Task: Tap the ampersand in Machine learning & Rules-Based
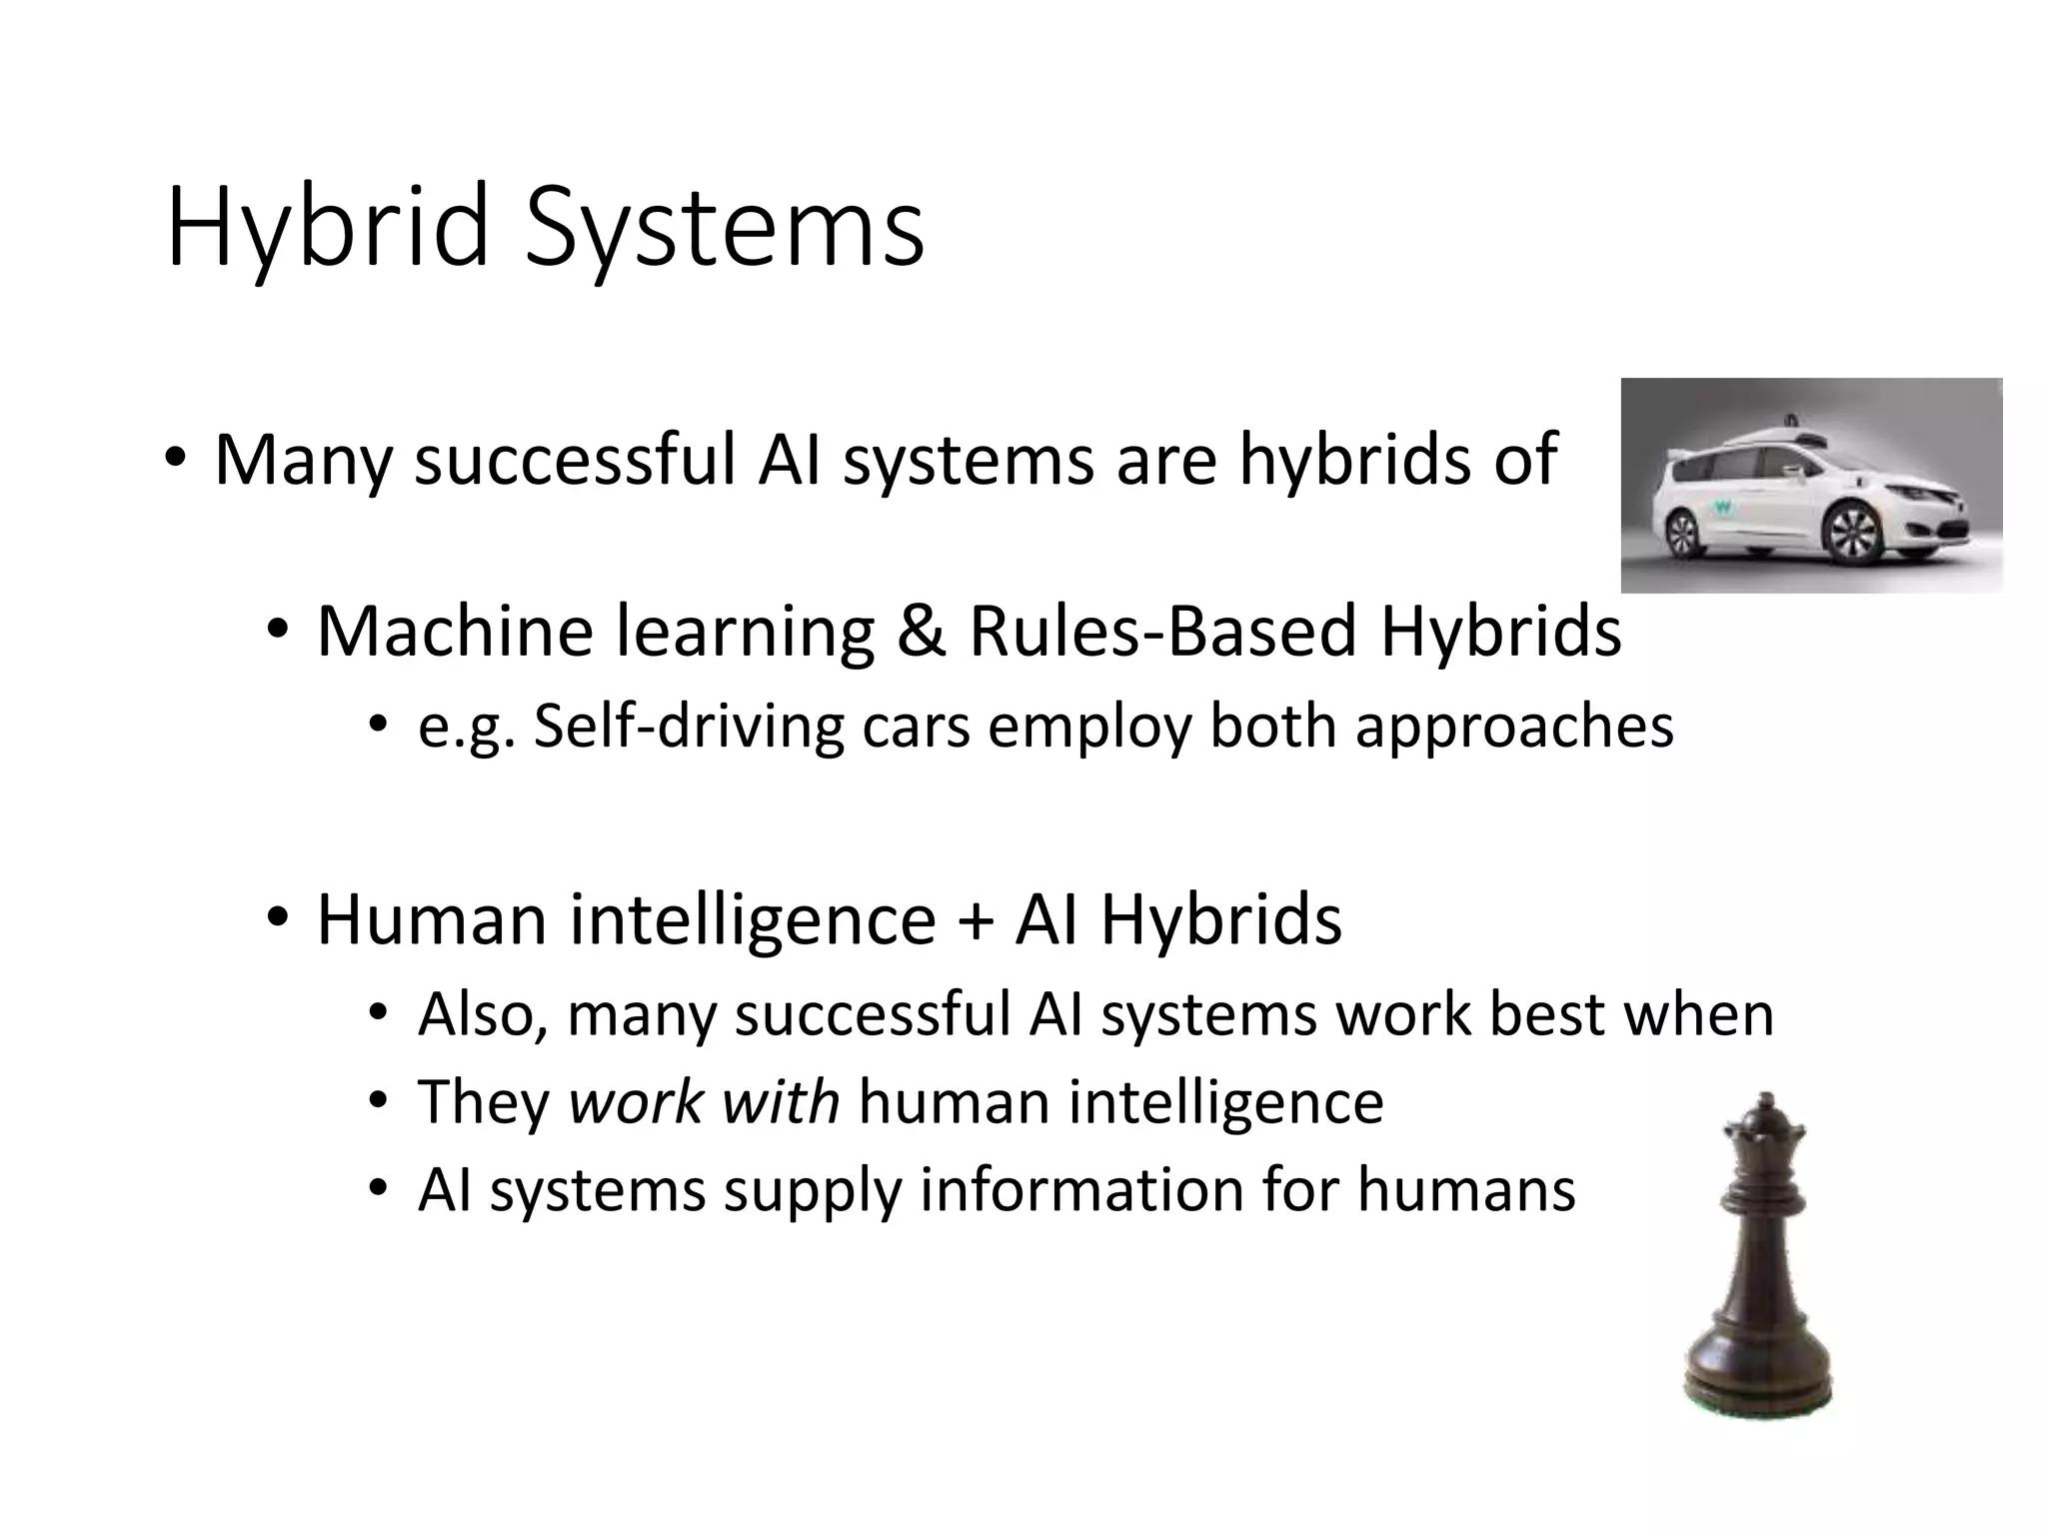[x=920, y=632]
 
